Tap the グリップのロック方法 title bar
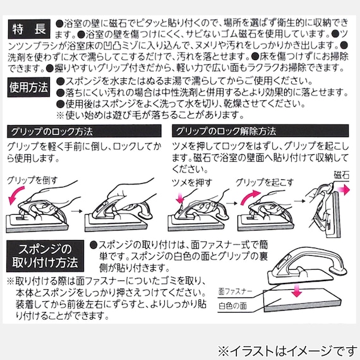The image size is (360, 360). [x=51, y=131]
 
